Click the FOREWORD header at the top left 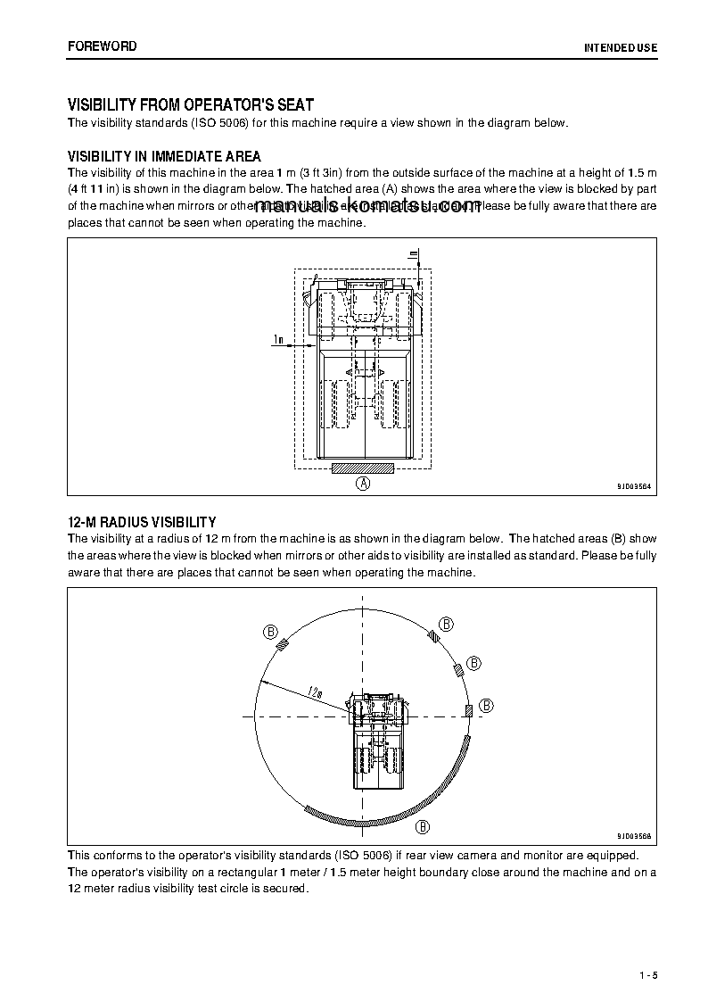pos(103,46)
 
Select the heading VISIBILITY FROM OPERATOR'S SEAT pos(191,105)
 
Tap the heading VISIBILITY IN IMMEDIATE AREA pos(164,156)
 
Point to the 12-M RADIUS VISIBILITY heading pos(142,522)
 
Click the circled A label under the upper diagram pos(363,484)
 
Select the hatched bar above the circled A pos(363,468)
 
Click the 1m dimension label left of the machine pos(279,339)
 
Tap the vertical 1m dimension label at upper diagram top pos(413,255)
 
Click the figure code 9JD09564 pos(634,486)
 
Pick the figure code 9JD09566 pos(634,836)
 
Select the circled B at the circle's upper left pos(270,631)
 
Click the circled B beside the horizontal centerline pos(486,706)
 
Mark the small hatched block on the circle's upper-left pos(282,647)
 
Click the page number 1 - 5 pos(647,976)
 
